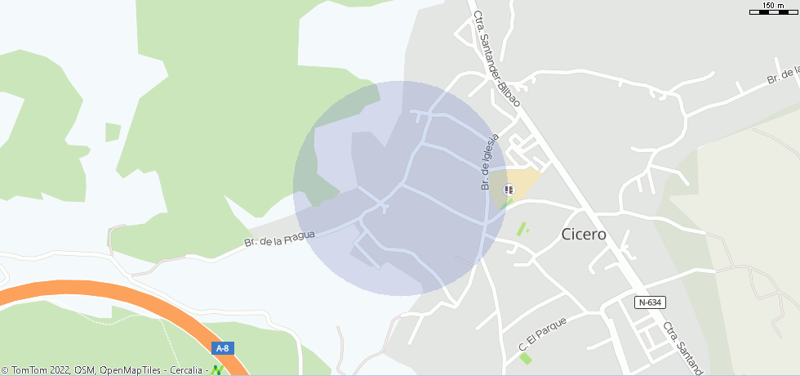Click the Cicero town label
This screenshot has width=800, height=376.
coord(584,234)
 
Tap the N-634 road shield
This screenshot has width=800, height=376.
coord(650,302)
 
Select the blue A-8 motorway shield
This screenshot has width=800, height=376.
coord(222,348)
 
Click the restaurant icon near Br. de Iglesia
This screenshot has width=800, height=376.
coord(509,190)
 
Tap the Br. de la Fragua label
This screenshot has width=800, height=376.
coord(279,238)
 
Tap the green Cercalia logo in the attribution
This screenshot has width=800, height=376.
coord(216,370)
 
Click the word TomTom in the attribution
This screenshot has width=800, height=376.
coord(29,370)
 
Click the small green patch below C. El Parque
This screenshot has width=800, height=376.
coord(526,357)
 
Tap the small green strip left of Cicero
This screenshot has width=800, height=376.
coord(522,229)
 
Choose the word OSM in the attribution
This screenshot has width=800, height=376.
coord(85,370)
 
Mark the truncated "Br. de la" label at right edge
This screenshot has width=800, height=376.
coord(781,77)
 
